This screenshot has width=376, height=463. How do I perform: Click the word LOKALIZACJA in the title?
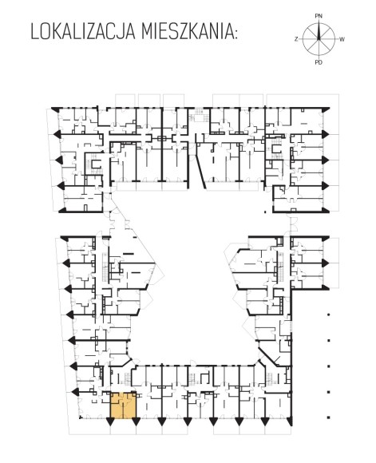tap(83, 32)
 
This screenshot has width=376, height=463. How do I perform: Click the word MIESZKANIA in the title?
tap(186, 32)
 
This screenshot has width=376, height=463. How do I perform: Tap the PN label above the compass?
tap(319, 16)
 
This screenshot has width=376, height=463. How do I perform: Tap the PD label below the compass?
tap(319, 62)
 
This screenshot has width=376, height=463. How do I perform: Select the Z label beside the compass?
tap(296, 39)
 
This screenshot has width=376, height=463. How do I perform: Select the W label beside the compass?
tap(342, 39)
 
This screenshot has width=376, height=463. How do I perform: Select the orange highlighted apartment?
tap(124, 406)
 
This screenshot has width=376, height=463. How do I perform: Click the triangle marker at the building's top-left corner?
tap(56, 109)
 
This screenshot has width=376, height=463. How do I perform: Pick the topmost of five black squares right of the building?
tap(328, 315)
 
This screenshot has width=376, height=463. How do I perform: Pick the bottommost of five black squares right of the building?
tap(328, 417)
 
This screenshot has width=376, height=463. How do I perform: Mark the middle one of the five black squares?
tap(328, 366)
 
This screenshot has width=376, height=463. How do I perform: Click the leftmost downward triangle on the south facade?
tap(110, 422)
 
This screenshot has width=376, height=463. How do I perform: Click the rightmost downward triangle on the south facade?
tap(290, 422)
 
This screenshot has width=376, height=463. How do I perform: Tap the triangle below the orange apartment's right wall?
tap(136, 422)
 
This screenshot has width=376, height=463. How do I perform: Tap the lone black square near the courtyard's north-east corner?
tap(265, 212)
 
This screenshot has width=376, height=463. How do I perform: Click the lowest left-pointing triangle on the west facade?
tap(76, 392)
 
